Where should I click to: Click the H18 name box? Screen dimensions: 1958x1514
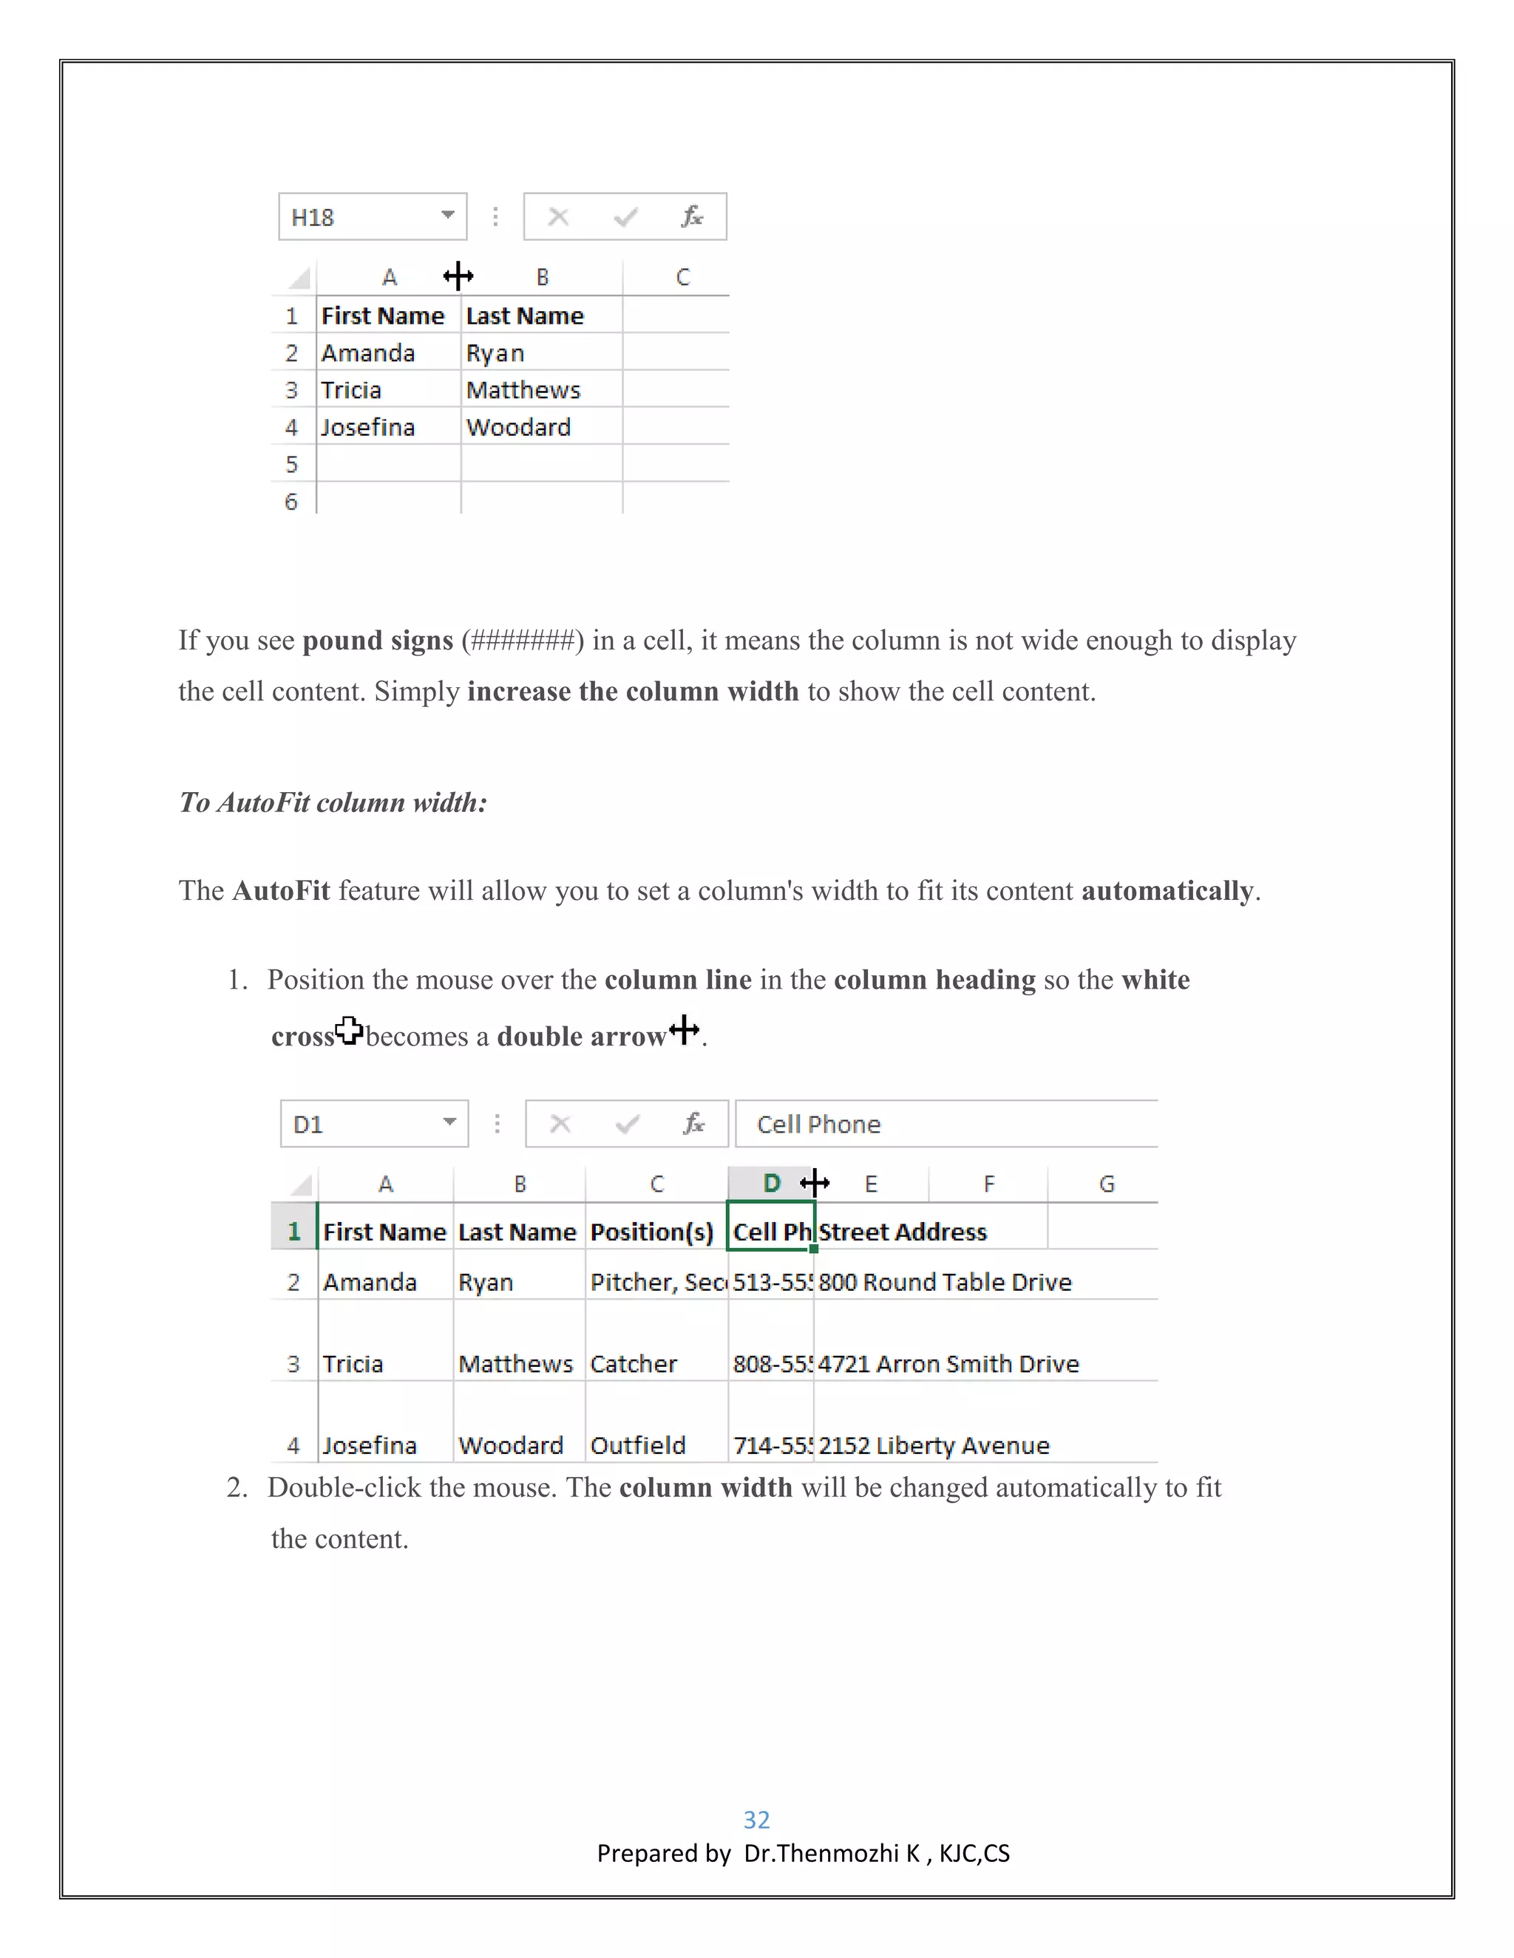[359, 217]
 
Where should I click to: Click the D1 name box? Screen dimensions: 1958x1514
[361, 1125]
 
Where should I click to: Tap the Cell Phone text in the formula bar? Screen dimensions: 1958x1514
[818, 1125]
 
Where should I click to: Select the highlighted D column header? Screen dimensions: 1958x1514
[770, 1184]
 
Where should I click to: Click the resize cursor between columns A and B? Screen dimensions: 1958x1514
[458, 276]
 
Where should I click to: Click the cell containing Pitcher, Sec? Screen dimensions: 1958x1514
[656, 1282]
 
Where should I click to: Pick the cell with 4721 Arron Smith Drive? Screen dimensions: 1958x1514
[948, 1364]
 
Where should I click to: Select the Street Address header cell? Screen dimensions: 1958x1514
[903, 1232]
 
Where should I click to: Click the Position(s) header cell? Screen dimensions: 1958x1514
[653, 1232]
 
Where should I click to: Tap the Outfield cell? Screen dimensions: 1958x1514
[639, 1445]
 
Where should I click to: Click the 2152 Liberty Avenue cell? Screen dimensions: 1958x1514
[934, 1445]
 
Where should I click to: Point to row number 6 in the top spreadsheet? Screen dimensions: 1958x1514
[291, 501]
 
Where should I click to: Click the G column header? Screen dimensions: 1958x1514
[1107, 1184]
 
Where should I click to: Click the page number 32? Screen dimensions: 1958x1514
[756, 1819]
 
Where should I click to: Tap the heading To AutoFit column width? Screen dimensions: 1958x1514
[333, 802]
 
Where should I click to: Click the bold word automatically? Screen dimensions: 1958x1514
[1167, 890]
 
